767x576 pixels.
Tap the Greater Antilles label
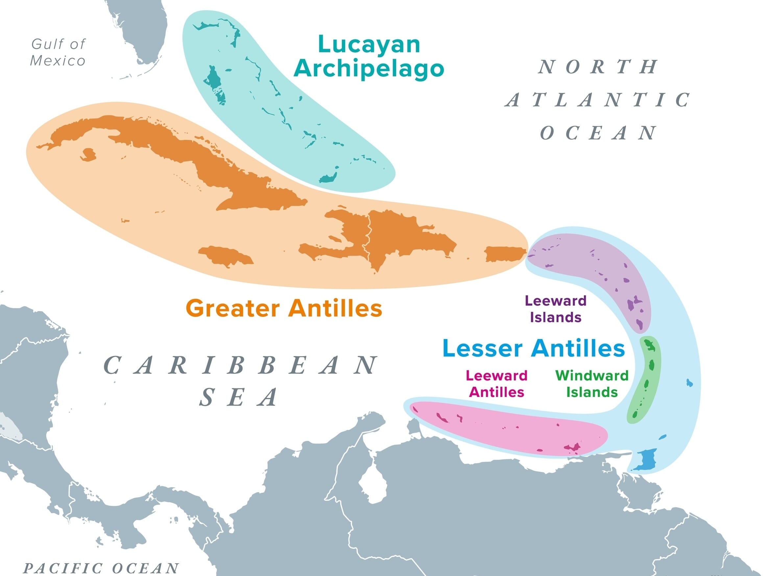click(284, 308)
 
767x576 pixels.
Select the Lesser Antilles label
click(534, 348)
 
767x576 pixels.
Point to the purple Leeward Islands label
click(556, 309)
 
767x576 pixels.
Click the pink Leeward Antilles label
click(496, 384)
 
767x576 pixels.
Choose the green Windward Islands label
click(592, 384)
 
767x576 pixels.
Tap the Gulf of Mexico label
click(58, 52)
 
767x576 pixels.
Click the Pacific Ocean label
click(101, 568)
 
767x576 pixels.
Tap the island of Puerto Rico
click(505, 254)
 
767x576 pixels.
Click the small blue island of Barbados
click(690, 383)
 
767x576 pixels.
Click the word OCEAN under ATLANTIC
click(598, 133)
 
